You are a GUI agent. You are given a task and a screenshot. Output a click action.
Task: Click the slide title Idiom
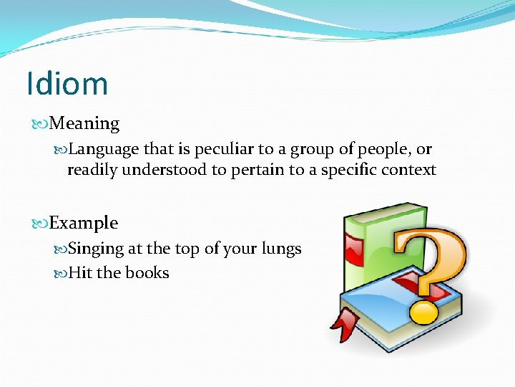67,83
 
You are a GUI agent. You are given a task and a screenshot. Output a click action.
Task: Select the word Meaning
85,124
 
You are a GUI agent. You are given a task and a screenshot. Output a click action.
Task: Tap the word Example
84,223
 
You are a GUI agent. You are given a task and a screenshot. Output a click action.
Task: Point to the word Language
104,150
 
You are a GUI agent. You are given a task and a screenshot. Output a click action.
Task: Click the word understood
160,171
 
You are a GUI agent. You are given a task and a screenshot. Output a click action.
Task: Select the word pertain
255,171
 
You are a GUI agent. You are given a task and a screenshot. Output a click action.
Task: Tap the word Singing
96,249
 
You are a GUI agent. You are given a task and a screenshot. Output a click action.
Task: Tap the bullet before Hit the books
61,274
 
